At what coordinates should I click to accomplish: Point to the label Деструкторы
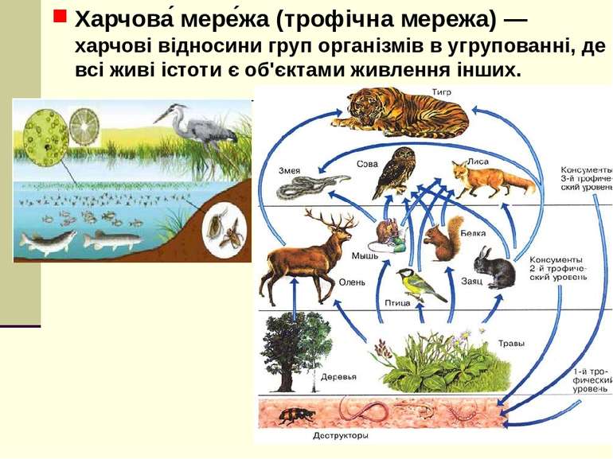(x=340, y=435)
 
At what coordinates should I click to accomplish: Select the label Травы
(x=511, y=344)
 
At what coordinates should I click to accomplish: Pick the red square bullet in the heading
(x=60, y=18)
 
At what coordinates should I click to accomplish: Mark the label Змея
(x=290, y=169)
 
